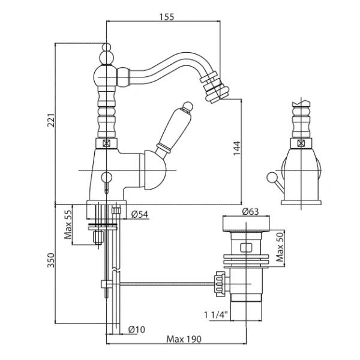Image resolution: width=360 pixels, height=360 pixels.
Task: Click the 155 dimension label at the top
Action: [x=167, y=17]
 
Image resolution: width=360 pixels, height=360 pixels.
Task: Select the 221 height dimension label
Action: [x=50, y=122]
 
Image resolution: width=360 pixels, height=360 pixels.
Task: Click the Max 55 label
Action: [x=68, y=223]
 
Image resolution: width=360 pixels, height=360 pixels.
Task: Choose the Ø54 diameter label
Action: [x=140, y=214]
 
